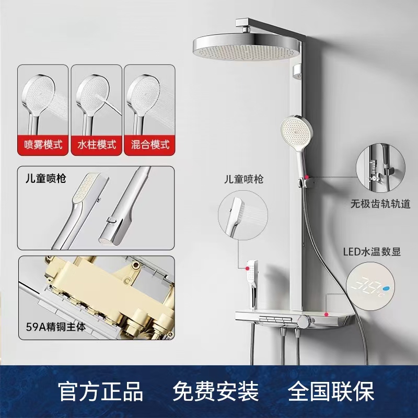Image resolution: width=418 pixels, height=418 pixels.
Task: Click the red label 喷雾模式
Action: tap(43, 145)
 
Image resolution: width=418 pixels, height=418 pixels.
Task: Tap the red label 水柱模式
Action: tap(97, 145)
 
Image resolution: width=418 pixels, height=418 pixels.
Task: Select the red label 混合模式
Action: tap(150, 145)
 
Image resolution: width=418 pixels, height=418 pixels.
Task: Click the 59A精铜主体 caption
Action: tap(56, 327)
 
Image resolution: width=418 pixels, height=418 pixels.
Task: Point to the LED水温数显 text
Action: tap(371, 252)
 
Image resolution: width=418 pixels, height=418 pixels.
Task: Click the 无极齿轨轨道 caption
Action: tap(380, 204)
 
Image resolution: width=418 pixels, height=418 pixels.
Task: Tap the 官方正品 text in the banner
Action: tap(101, 391)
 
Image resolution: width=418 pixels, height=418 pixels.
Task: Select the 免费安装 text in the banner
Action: tap(216, 391)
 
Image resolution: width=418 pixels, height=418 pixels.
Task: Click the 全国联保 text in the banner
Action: tap(331, 391)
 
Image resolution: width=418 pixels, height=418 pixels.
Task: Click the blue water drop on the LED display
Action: tap(386, 288)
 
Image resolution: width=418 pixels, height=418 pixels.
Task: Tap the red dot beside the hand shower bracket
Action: tap(307, 177)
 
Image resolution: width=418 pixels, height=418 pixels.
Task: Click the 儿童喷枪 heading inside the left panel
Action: tap(45, 178)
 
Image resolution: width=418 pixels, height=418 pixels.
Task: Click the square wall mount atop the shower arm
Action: tap(242, 22)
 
